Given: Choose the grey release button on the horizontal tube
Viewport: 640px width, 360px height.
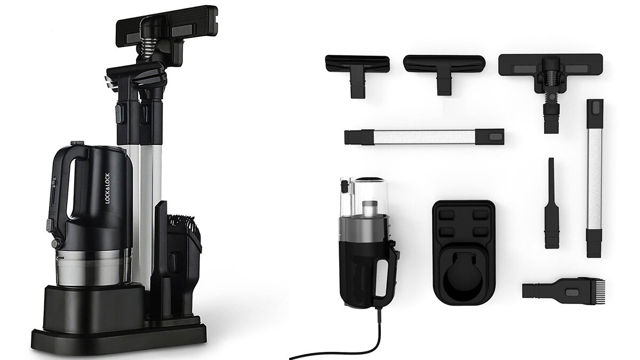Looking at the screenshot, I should pos(494,137).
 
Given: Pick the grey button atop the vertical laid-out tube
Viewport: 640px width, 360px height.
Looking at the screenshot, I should pos(595,110).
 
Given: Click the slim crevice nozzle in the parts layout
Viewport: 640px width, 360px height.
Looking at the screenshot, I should pos(551,203).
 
